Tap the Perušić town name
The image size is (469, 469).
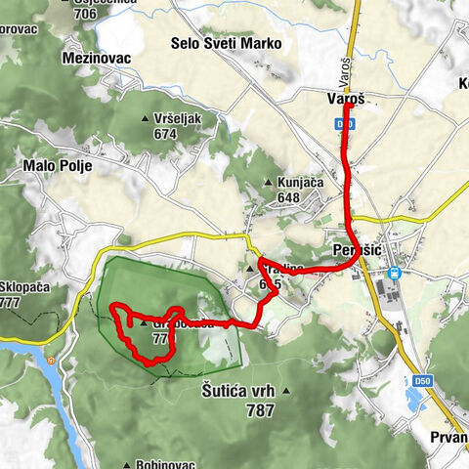tap(354, 253)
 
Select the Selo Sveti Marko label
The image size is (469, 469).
tap(226, 44)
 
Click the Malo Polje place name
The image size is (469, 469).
tap(58, 166)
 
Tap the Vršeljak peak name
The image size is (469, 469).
tap(177, 117)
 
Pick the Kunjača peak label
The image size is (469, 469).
tap(299, 183)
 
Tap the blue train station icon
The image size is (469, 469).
tap(395, 273)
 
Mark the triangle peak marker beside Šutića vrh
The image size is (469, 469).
tap(285, 390)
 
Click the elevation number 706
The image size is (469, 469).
tap(85, 13)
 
